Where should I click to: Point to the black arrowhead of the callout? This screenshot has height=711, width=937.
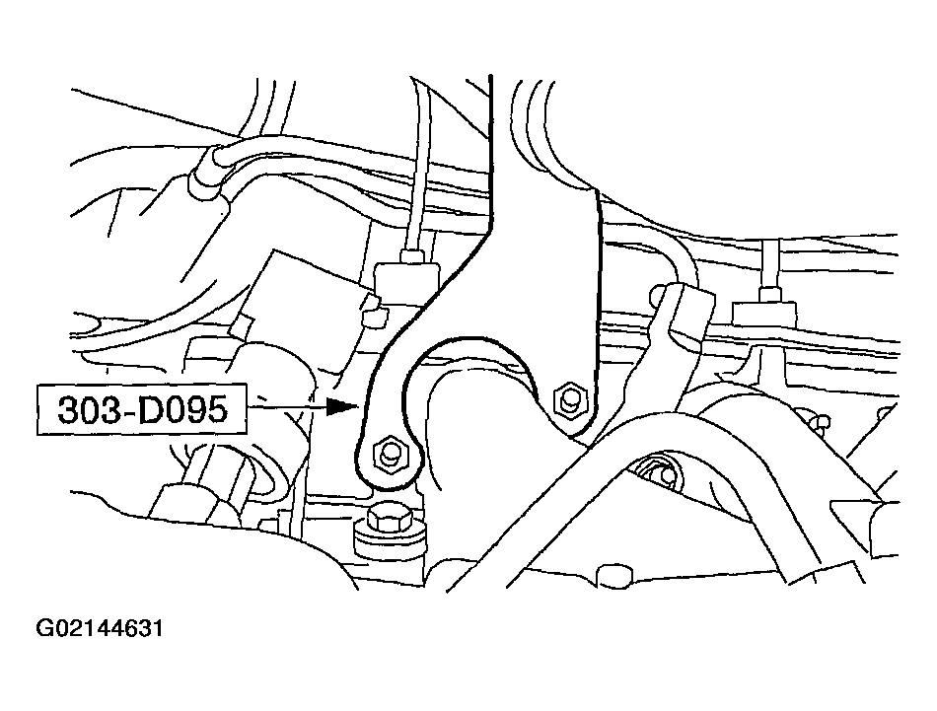344,405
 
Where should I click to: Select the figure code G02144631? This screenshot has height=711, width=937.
99,628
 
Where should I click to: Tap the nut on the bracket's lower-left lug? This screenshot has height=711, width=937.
390,453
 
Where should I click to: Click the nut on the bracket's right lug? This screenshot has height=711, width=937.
569,400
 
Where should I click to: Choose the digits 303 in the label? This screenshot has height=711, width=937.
83,410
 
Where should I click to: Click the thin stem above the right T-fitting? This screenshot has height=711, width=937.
769,265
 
